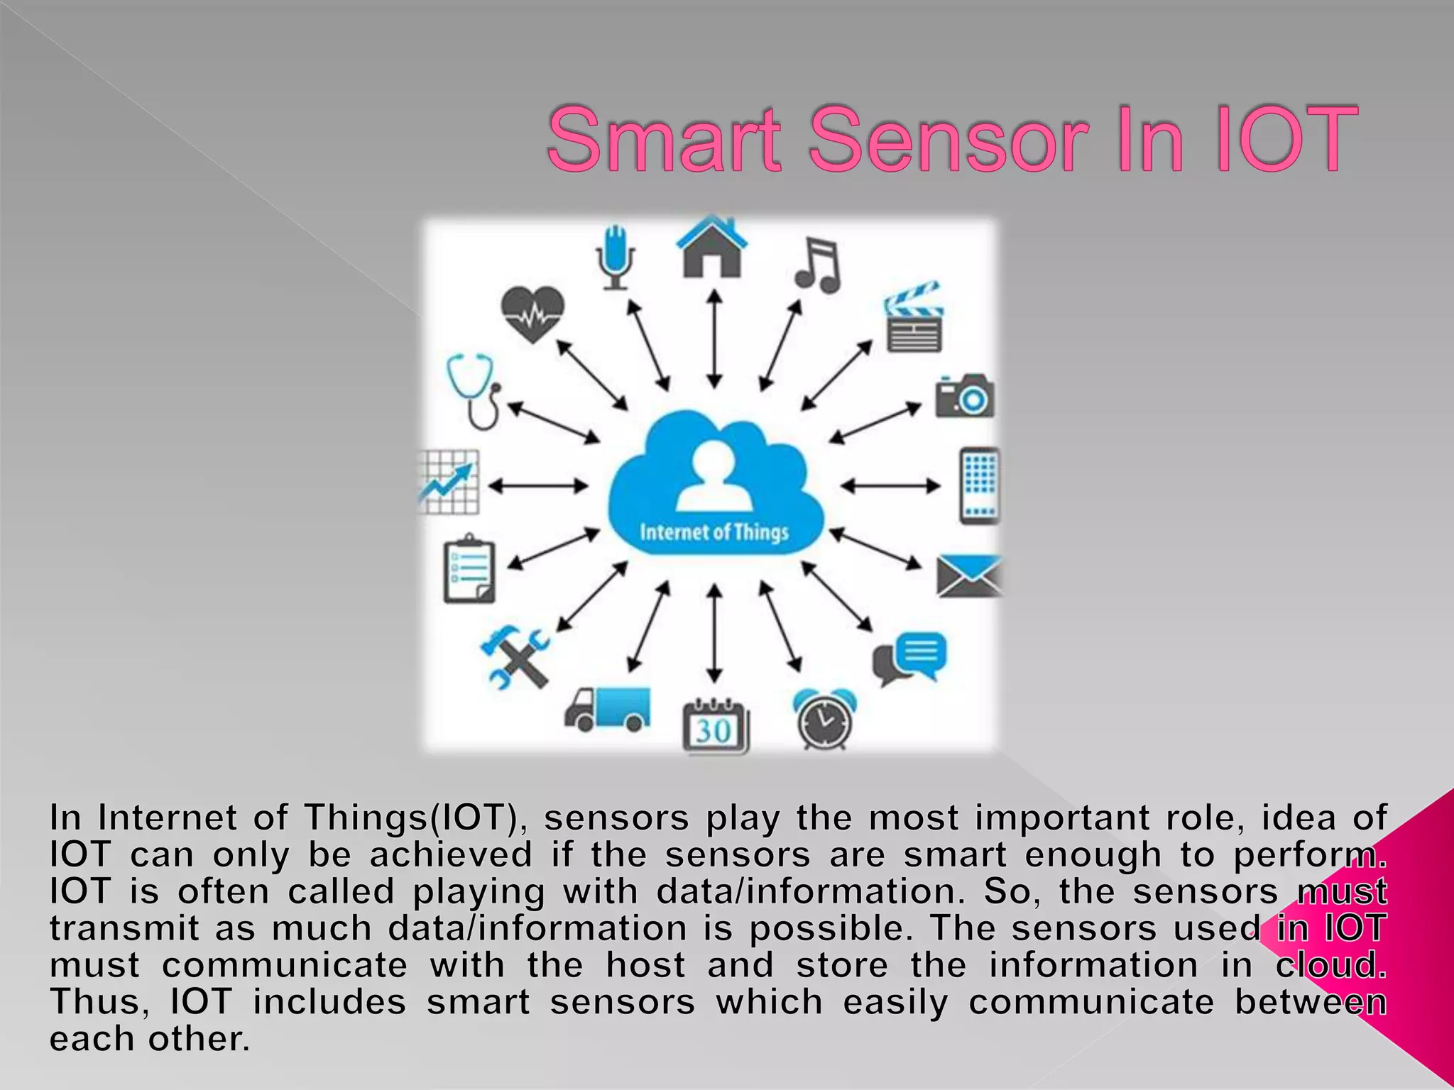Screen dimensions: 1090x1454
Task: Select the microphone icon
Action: (x=615, y=257)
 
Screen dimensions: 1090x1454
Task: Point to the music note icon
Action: (x=818, y=265)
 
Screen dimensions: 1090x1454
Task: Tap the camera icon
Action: (x=963, y=397)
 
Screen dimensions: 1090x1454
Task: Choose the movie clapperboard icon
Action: (x=914, y=319)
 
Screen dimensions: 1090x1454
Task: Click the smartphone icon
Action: (x=980, y=486)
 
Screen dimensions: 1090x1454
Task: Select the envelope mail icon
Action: (x=968, y=576)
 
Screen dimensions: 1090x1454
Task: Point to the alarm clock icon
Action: (x=824, y=720)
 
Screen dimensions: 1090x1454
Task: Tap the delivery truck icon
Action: (x=608, y=709)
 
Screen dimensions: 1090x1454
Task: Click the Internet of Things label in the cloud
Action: (x=714, y=532)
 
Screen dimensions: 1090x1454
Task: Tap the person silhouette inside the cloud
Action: (x=713, y=476)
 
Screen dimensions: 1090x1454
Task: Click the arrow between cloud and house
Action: (x=715, y=339)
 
